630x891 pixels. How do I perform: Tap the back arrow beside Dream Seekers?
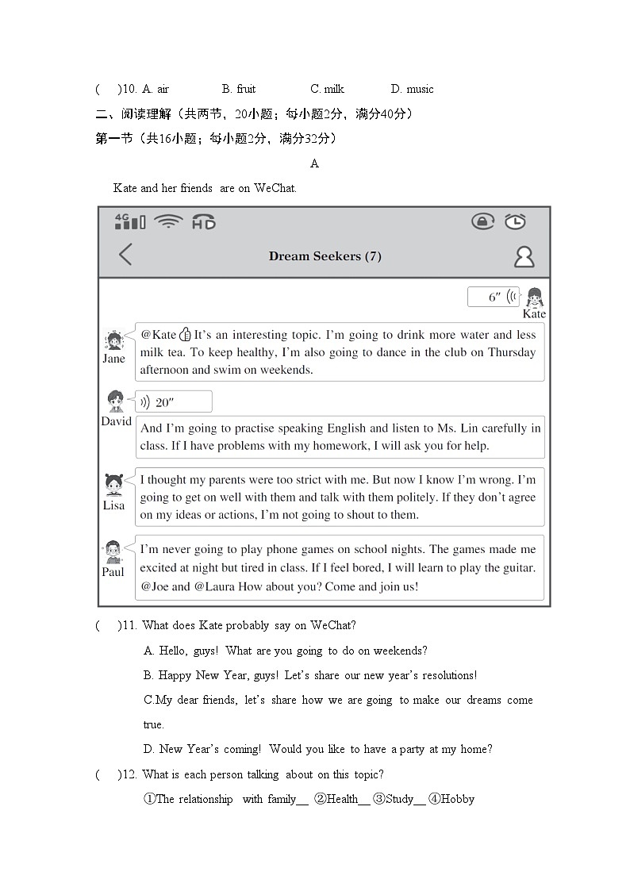(x=125, y=255)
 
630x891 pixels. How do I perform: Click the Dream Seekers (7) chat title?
(x=325, y=255)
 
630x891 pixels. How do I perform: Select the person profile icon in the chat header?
(x=524, y=256)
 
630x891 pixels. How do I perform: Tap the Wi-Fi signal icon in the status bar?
(x=168, y=221)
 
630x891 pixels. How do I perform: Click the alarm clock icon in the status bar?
(x=516, y=221)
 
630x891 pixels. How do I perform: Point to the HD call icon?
(x=204, y=222)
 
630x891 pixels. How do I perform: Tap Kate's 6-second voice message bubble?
(x=494, y=297)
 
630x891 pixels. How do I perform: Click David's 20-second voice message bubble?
(x=174, y=401)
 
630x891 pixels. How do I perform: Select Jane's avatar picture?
(x=114, y=341)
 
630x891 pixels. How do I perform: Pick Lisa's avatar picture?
(x=114, y=484)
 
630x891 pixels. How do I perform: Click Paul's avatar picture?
(x=113, y=551)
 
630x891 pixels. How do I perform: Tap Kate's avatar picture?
(x=535, y=298)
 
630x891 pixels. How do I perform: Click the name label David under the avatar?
(x=116, y=421)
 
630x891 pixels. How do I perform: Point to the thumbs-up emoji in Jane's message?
(x=185, y=335)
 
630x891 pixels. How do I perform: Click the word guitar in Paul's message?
(x=519, y=568)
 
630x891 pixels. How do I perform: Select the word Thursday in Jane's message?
(x=512, y=352)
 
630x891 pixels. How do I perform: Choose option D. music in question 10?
(x=412, y=89)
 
